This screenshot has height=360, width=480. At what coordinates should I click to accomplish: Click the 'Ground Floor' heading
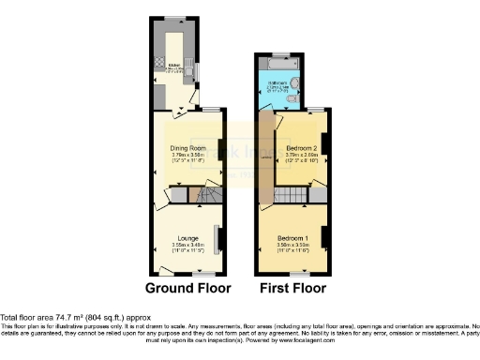tap(187, 287)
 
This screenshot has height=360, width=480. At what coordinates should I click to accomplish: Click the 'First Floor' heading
tap(292, 287)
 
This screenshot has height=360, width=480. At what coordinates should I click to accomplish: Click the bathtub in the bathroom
tap(277, 64)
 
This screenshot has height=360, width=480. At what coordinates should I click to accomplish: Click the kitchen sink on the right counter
tap(191, 69)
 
